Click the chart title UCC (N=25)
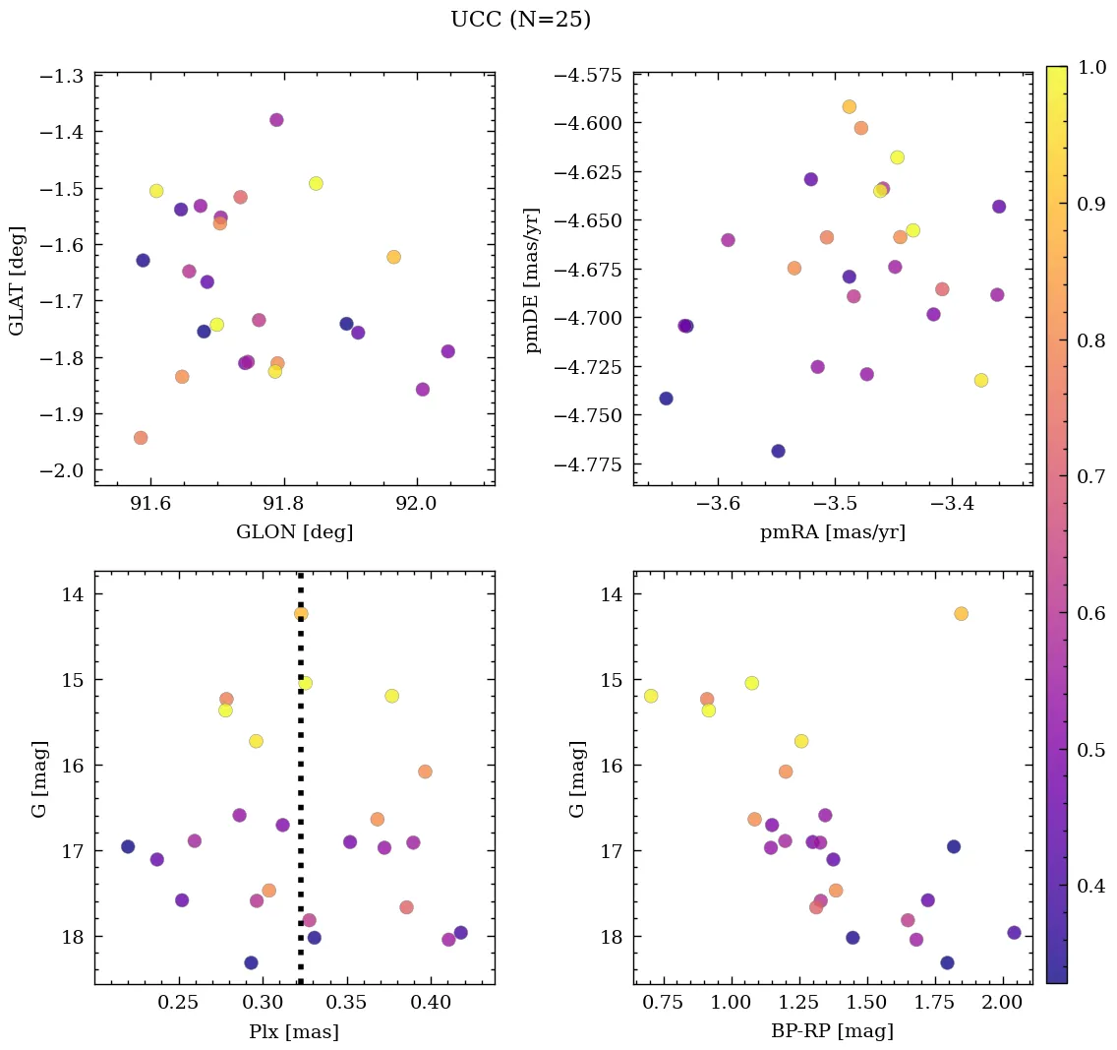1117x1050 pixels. click(520, 20)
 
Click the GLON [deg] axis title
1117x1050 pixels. click(294, 532)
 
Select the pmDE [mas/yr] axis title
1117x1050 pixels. click(532, 279)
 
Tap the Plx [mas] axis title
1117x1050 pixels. click(294, 1031)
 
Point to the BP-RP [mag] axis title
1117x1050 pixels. click(832, 1031)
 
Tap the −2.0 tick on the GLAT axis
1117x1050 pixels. click(61, 470)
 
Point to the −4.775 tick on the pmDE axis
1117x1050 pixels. click(584, 464)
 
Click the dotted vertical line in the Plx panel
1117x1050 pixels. click(300, 787)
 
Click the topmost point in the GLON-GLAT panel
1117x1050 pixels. click(276, 120)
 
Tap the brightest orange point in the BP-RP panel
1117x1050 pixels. click(961, 613)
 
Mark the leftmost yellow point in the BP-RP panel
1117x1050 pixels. click(651, 696)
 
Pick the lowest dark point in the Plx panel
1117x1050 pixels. click(251, 962)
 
